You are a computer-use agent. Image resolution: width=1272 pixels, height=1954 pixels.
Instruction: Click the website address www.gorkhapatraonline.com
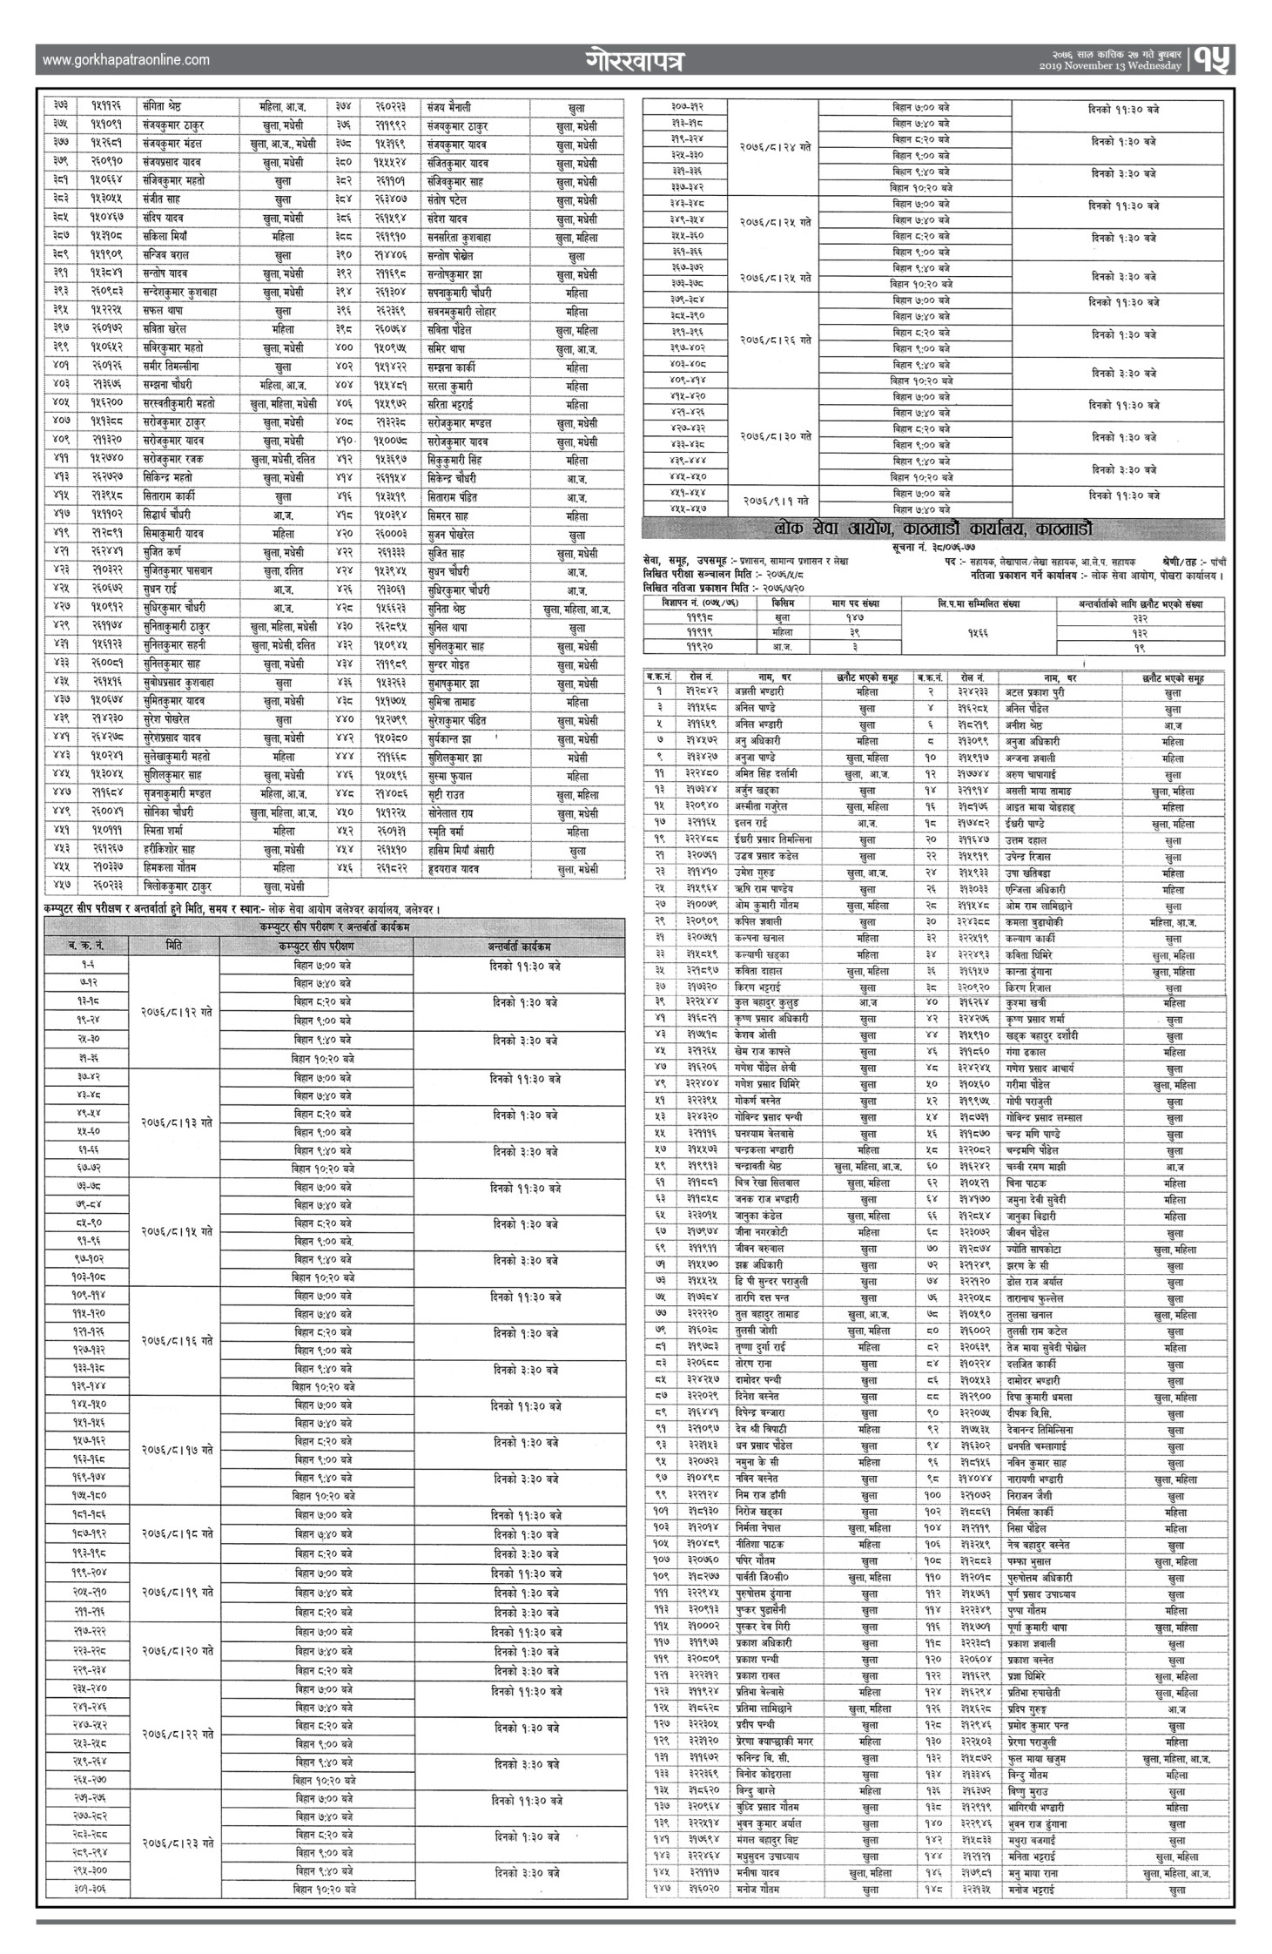[125, 60]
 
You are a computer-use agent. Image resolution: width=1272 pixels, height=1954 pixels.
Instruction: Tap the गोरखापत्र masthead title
[635, 62]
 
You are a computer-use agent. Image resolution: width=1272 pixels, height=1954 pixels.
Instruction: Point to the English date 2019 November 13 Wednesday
[1110, 66]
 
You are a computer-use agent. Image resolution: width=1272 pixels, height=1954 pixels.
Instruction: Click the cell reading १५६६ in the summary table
[979, 631]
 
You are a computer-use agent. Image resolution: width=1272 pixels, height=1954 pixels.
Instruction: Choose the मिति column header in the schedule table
[174, 945]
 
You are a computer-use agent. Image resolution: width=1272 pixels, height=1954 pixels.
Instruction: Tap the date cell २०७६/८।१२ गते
[174, 1012]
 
